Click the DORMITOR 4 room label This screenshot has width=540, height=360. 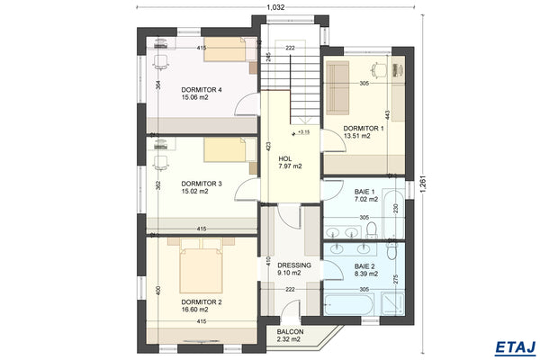pos(202,90)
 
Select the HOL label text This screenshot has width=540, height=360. pos(285,158)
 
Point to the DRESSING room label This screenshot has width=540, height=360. pos(293,265)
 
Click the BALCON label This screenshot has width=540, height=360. pos(291,331)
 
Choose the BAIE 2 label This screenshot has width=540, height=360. pos(364,266)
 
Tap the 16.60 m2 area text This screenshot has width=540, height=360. pos(194,310)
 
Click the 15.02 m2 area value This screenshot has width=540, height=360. pos(194,191)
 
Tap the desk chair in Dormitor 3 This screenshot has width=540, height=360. pos(162,163)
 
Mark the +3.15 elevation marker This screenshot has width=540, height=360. pos(302,132)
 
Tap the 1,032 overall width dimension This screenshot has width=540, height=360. pos(277,7)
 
